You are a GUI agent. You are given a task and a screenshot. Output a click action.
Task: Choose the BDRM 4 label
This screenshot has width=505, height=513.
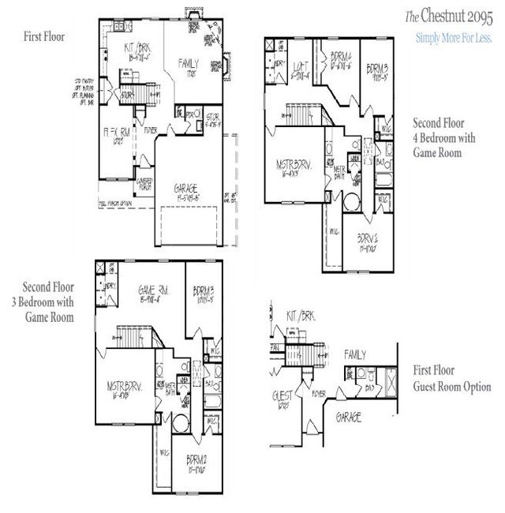point(340,59)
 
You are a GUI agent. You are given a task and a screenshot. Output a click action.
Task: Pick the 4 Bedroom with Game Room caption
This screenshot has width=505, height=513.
point(445,138)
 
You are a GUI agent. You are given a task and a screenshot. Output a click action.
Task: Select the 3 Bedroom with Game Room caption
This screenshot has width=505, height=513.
point(48,302)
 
